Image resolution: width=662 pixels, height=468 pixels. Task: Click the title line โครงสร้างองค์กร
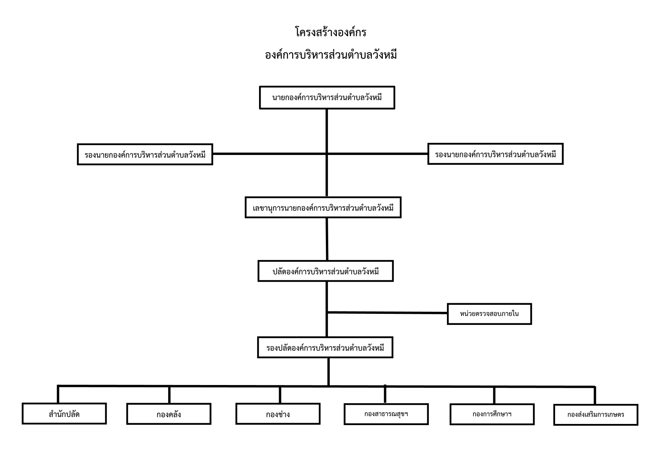[331, 32]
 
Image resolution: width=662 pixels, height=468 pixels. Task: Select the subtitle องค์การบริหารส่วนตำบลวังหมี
[331, 55]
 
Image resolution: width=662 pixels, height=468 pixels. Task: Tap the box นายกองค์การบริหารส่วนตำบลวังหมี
[327, 98]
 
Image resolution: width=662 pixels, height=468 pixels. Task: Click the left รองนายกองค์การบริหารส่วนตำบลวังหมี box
[145, 154]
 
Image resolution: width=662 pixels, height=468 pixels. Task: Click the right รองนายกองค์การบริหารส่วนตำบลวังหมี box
[495, 154]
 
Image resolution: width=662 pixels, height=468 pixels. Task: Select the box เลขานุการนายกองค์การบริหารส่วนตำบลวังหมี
[323, 208]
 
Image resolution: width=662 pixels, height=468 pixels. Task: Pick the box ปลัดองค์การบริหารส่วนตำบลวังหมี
[325, 271]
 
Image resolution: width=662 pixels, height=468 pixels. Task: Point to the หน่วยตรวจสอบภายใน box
[489, 314]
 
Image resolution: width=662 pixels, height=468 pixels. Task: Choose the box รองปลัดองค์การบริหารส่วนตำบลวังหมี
[325, 347]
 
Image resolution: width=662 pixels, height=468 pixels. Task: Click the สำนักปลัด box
[64, 414]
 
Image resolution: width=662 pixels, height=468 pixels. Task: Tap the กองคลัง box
[169, 414]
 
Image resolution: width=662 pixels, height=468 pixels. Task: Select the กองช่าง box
[278, 414]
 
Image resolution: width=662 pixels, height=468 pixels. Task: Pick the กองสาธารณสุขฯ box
[386, 414]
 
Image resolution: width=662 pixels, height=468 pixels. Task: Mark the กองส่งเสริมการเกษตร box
[596, 415]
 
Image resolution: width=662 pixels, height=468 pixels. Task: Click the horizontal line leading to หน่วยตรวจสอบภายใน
[387, 313]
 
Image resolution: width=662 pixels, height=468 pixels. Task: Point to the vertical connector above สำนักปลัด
[58, 394]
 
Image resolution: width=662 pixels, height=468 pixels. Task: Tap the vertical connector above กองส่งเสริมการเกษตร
[595, 395]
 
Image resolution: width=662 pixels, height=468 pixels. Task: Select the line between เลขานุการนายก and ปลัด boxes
[327, 239]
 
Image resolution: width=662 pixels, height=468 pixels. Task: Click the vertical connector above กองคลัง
[169, 395]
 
